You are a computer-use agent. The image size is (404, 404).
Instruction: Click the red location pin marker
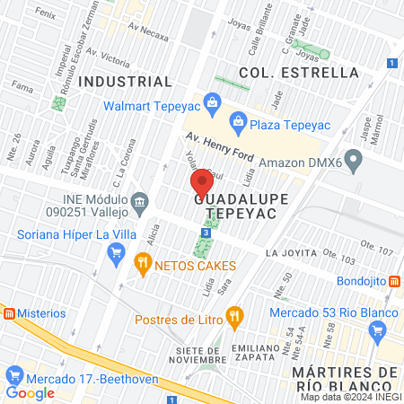pos(203,183)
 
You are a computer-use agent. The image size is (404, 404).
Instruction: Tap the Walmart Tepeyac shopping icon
pos(212,101)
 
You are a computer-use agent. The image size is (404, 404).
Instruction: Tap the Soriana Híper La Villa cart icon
pos(115,254)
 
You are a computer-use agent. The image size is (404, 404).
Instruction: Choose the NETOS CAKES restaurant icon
pos(142,264)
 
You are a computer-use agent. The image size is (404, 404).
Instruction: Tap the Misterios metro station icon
pos(8,313)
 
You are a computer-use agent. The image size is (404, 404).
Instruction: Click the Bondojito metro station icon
pos(395,280)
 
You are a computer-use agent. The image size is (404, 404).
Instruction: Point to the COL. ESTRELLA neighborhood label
pos(286,72)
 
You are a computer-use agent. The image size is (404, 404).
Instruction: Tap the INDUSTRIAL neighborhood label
pos(125,82)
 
